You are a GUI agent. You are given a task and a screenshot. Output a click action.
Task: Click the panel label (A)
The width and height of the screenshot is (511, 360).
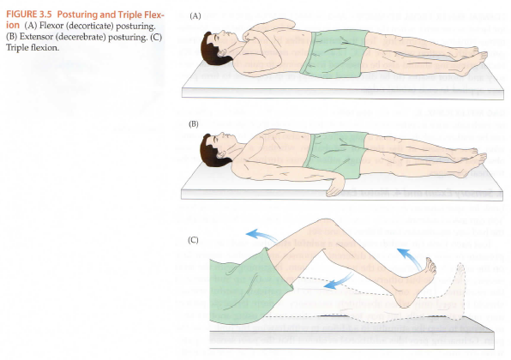[x=195, y=16]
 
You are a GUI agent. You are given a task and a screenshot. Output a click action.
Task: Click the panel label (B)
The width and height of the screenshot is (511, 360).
[x=194, y=124]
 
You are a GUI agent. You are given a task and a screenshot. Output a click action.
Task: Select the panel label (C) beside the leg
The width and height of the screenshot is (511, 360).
[x=193, y=240]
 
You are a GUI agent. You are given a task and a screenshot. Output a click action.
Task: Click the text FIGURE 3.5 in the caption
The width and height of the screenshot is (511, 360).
[x=21, y=15]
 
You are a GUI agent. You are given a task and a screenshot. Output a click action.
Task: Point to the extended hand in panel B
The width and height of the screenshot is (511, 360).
[x=335, y=187]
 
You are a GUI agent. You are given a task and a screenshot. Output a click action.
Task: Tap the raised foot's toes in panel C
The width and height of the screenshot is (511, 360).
[x=430, y=265]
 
